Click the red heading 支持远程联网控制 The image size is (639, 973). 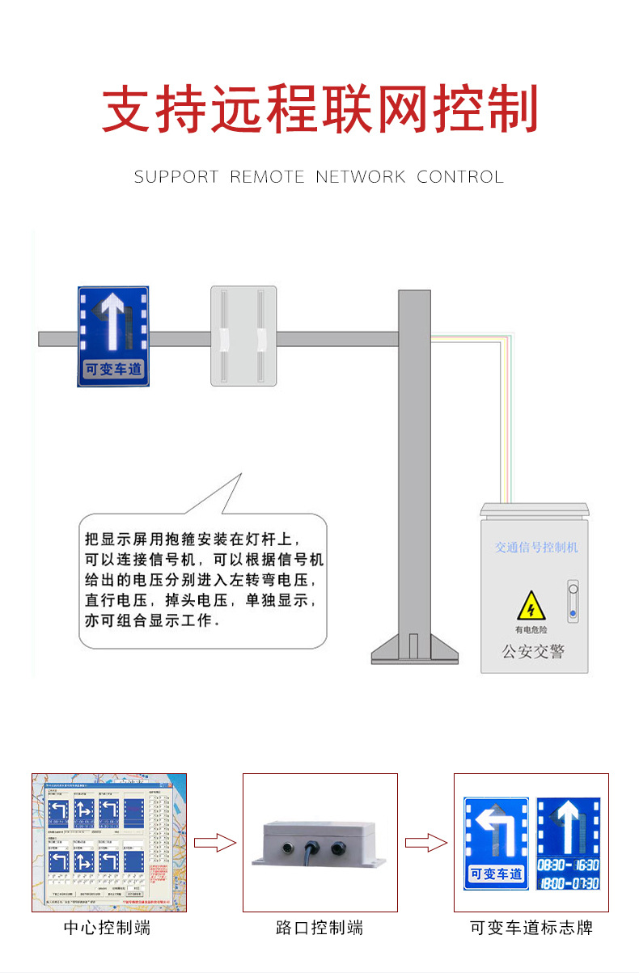click(319, 110)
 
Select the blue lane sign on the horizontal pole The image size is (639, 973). click(113, 336)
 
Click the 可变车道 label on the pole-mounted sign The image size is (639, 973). click(113, 370)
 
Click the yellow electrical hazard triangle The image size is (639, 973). click(531, 607)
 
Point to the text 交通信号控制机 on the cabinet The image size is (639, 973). click(536, 548)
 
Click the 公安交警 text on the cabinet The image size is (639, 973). click(533, 651)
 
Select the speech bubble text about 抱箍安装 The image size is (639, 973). click(204, 579)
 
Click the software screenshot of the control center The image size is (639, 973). click(108, 842)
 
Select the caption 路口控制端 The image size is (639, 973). click(319, 928)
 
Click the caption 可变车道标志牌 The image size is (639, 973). click(531, 928)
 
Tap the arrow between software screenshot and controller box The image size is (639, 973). click(214, 844)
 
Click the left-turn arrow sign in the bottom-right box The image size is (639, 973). click(495, 842)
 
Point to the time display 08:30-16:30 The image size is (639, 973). click(568, 865)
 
